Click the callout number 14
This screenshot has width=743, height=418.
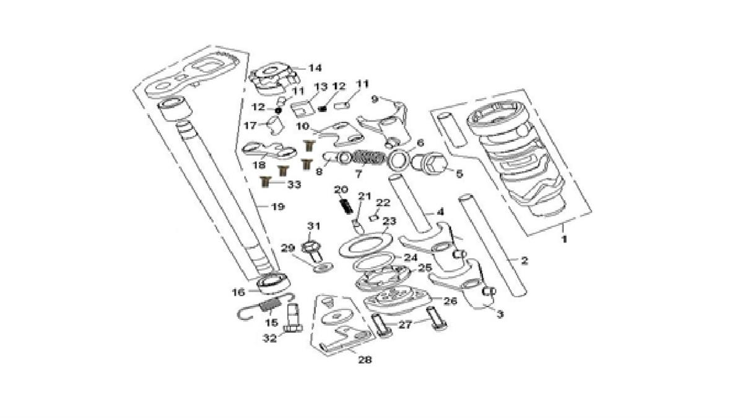(316, 67)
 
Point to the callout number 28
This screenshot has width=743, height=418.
(365, 359)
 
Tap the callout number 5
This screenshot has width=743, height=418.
(459, 175)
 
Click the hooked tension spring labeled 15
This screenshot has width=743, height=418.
(266, 305)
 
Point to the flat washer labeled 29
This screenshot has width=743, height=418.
(323, 266)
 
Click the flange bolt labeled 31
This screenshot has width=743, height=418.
(311, 250)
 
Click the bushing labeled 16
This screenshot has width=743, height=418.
(272, 283)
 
